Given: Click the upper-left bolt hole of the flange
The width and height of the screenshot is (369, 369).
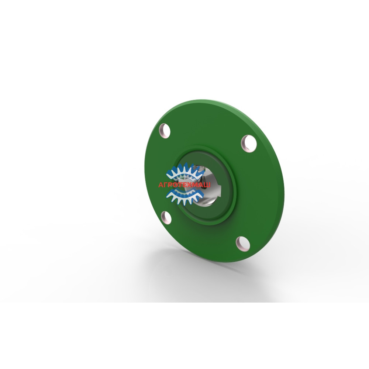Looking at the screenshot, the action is [165, 131].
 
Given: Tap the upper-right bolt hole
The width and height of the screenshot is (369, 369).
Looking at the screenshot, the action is [249, 144].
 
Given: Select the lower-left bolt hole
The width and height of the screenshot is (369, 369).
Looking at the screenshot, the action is [166, 217].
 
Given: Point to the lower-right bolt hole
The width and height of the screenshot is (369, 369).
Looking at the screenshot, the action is [243, 243].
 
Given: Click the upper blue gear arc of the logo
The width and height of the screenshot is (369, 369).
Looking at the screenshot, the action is [185, 171].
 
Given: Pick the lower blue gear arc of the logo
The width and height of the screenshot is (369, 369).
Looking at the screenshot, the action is [185, 196].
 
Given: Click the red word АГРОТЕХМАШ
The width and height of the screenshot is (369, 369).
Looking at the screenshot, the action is [184, 185].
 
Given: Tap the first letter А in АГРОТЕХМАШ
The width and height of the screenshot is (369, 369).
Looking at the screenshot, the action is [161, 185].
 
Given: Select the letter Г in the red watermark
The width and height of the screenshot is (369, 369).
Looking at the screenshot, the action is [167, 185].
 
